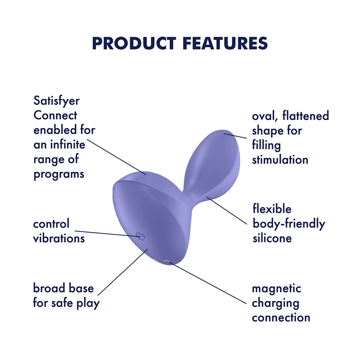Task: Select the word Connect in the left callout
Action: click(55, 116)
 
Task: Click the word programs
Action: click(59, 173)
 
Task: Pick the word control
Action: click(52, 224)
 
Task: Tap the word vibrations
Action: click(59, 238)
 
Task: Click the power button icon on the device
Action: click(139, 236)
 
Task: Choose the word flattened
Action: click(306, 116)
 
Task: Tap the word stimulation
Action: click(280, 159)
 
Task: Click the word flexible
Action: click(272, 209)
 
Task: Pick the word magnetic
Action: click(277, 288)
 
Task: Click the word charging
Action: click(275, 303)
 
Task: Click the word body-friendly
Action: click(289, 223)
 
